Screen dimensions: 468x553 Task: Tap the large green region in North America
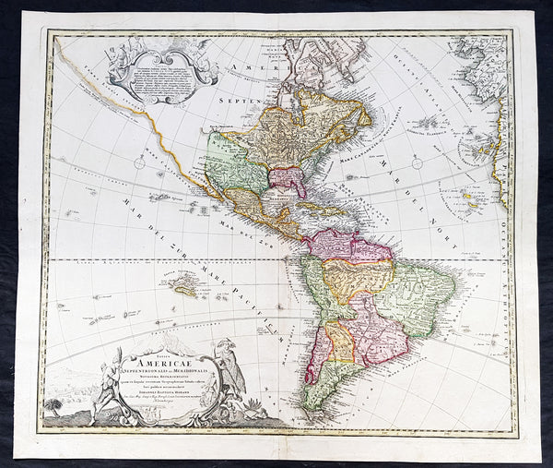pyautogui.click(x=236, y=162)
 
